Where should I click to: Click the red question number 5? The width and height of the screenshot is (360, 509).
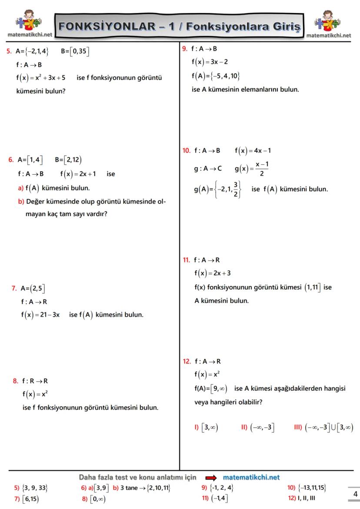click(x=9, y=51)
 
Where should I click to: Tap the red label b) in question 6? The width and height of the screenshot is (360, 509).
click(x=21, y=202)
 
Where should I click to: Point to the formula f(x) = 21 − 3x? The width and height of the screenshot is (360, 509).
click(x=40, y=314)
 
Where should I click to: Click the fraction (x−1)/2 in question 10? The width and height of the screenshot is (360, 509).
click(x=261, y=169)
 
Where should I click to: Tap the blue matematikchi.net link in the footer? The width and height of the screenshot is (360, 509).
click(x=251, y=477)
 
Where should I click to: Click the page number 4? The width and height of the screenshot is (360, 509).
click(x=355, y=494)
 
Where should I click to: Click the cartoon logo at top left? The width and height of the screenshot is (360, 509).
click(x=28, y=24)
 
